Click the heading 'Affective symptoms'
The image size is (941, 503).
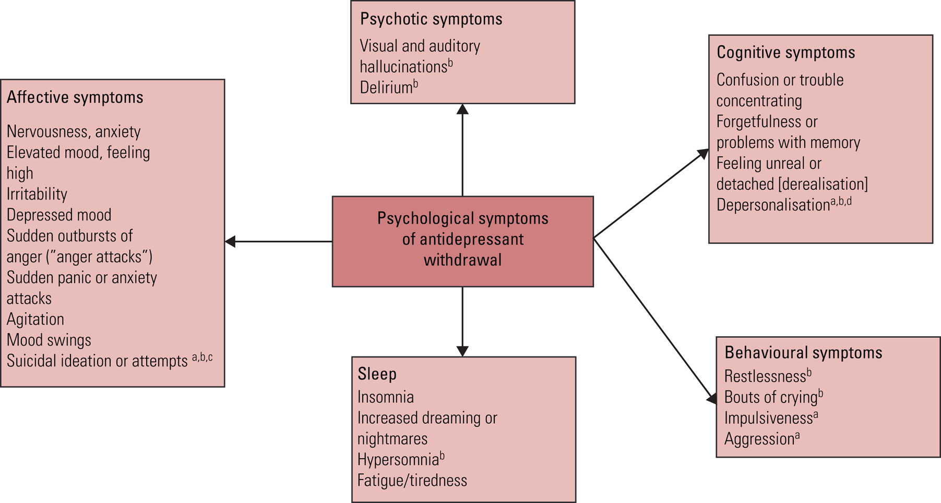(x=75, y=97)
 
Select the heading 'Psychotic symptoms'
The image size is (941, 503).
(x=431, y=19)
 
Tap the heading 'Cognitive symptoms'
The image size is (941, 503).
(x=785, y=53)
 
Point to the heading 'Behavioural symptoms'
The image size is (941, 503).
(x=803, y=353)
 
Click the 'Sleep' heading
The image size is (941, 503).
(x=377, y=374)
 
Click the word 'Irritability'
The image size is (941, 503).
(x=37, y=194)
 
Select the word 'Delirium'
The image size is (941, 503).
(x=386, y=88)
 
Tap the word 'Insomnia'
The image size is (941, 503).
(x=385, y=397)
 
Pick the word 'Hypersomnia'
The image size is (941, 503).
(x=397, y=460)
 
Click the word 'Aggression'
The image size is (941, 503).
(x=759, y=439)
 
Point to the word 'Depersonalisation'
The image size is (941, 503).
(x=772, y=205)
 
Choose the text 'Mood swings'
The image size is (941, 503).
(x=49, y=340)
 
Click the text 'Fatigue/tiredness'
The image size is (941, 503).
(x=412, y=480)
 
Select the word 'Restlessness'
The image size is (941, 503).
(x=765, y=376)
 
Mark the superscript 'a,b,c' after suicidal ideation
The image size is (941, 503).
(x=202, y=358)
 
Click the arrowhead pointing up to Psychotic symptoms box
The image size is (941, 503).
(x=462, y=109)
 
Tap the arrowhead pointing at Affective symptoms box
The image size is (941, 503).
(x=230, y=241)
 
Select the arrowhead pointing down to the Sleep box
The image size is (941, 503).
(x=462, y=351)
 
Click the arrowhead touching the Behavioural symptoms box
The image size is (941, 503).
(x=711, y=399)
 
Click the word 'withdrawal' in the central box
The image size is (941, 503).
(x=462, y=260)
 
